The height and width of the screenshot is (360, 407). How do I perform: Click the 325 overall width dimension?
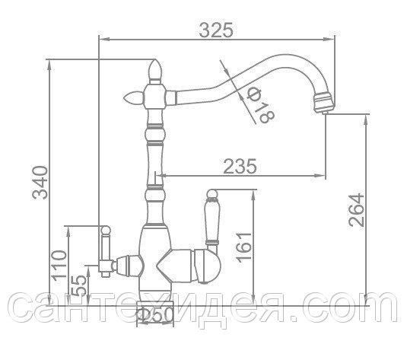tap(216, 30)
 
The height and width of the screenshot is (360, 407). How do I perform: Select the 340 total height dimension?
tap(40, 183)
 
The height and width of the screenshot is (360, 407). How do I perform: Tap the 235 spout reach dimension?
tap(240, 166)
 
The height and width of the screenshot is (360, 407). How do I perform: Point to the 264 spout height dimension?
tap(356, 210)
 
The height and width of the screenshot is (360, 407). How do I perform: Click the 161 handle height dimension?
tap(244, 247)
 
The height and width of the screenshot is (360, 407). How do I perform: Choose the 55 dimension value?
tap(78, 285)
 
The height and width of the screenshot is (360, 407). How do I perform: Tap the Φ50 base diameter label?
tap(155, 314)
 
